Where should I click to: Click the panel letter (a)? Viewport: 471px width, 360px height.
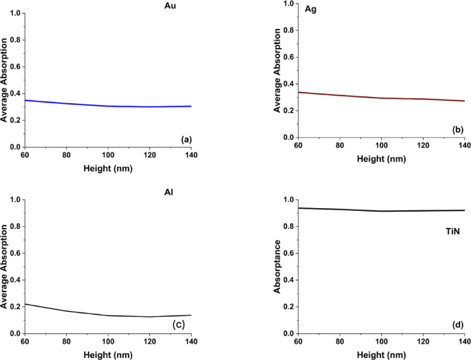[x=185, y=139]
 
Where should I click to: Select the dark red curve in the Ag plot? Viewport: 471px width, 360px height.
[x=382, y=98]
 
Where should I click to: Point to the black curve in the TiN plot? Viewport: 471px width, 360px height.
[x=382, y=210]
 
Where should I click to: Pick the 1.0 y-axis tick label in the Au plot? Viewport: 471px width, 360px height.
[x=14, y=14]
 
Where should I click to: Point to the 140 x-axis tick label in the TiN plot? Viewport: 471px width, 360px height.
[x=465, y=341]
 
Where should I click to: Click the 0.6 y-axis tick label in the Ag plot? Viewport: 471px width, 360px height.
[x=287, y=57]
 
